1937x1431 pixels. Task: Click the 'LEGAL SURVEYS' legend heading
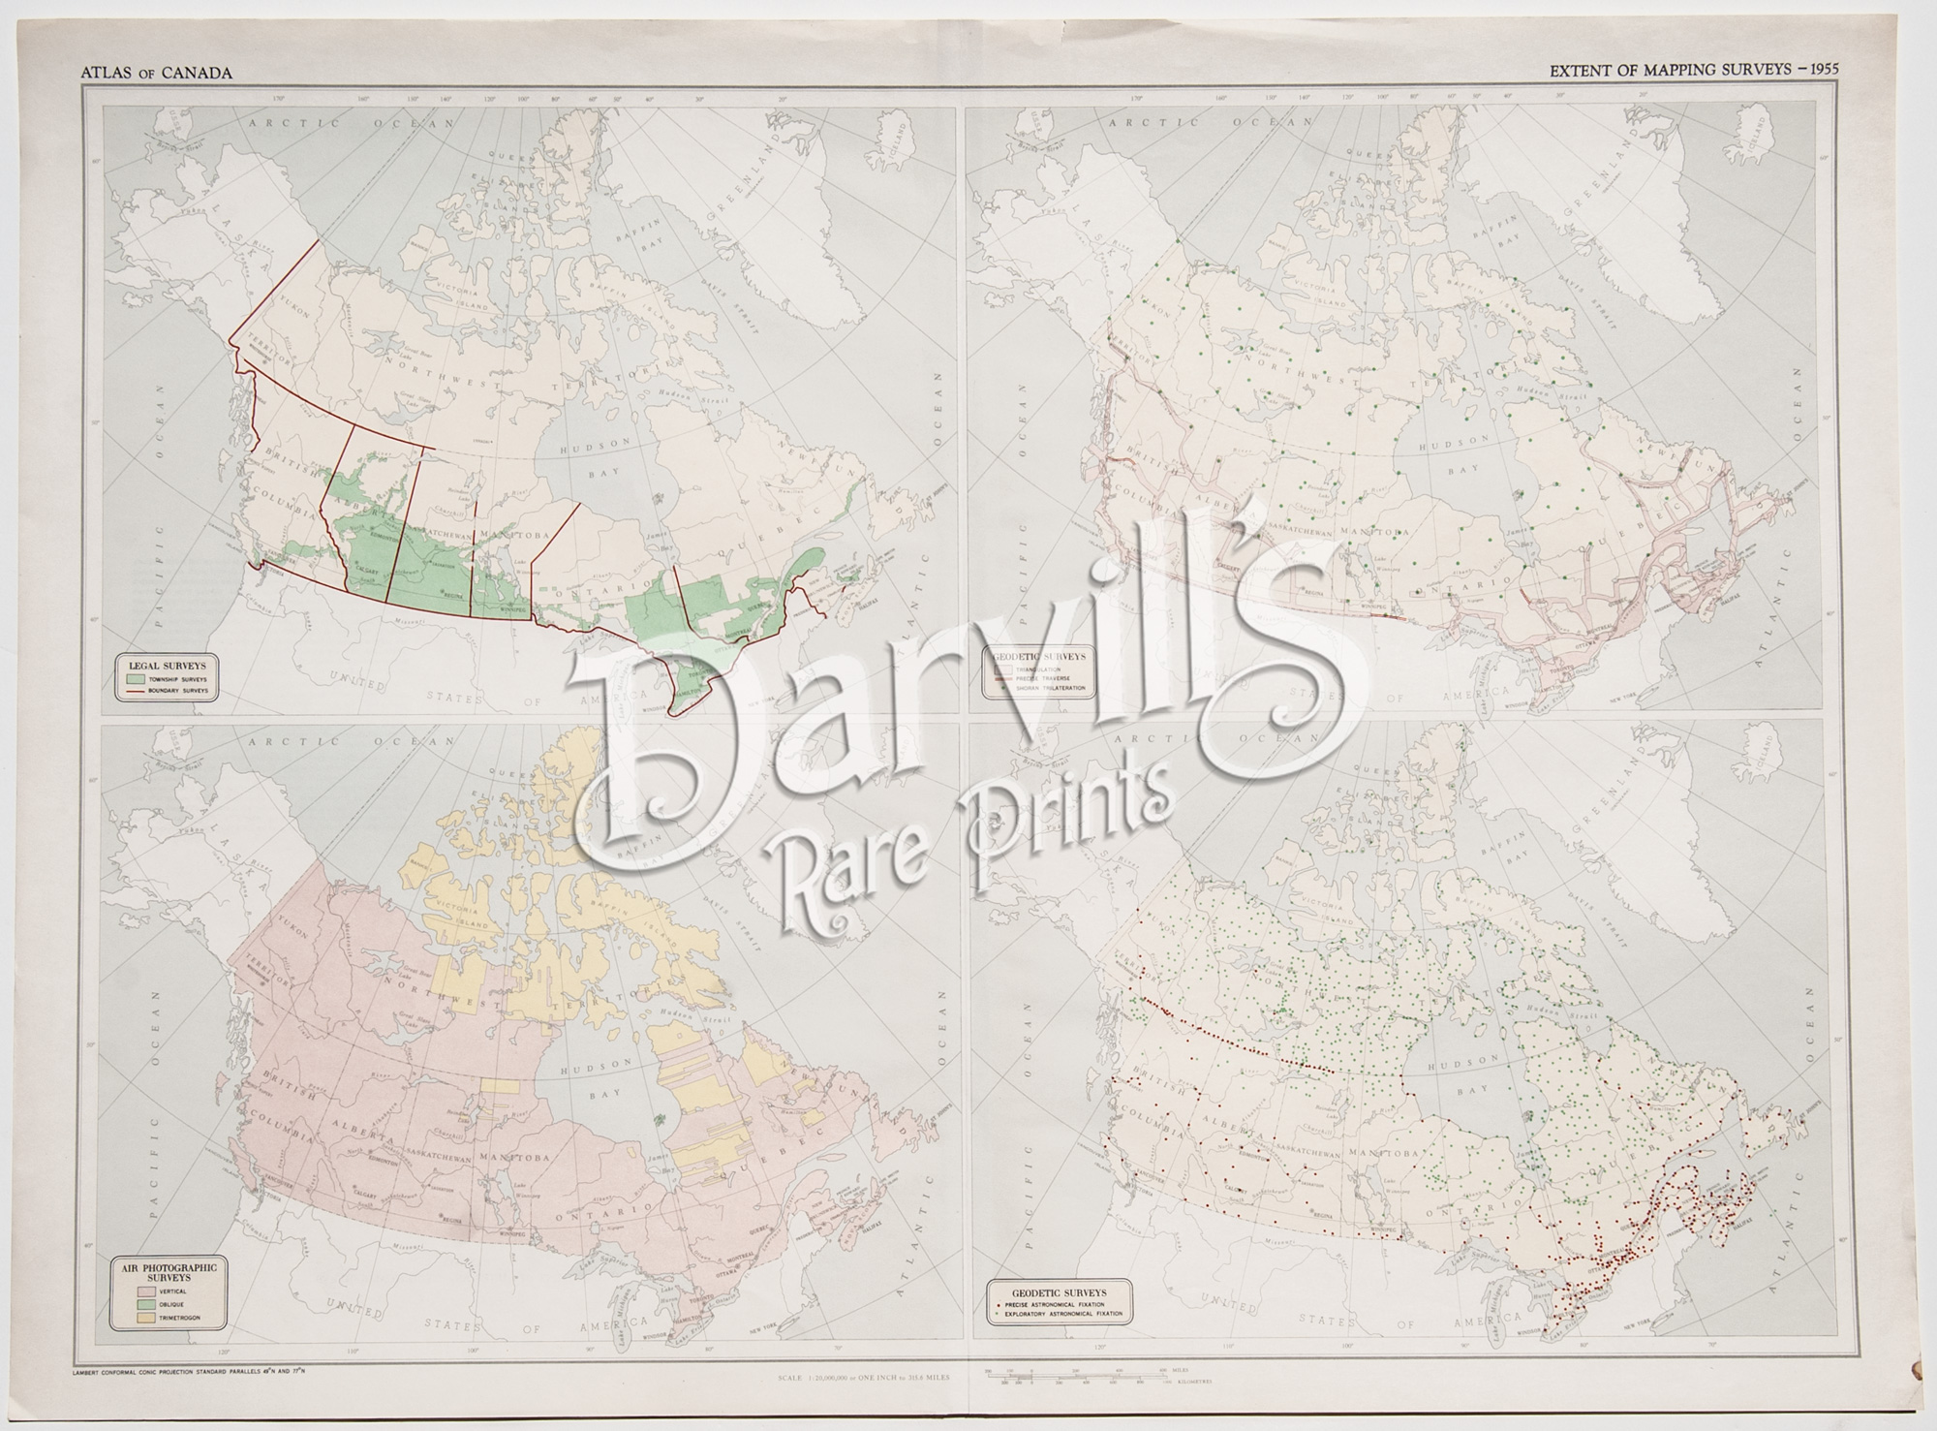click(168, 667)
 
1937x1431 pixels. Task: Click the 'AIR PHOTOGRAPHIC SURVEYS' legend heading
click(168, 1272)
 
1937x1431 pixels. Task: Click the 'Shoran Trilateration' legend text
click(1052, 688)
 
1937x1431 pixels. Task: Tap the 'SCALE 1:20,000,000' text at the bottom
click(861, 1377)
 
